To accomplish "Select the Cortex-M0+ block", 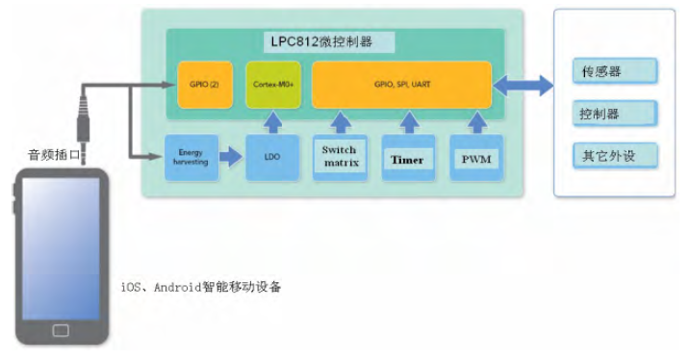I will [x=271, y=85].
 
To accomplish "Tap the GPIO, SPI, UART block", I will [x=401, y=85].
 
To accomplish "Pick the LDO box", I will [x=271, y=157].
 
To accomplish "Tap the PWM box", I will [x=476, y=157].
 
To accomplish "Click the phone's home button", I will [x=61, y=330].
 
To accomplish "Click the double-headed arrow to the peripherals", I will [x=522, y=86].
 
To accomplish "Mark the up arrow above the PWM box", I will [x=476, y=122].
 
